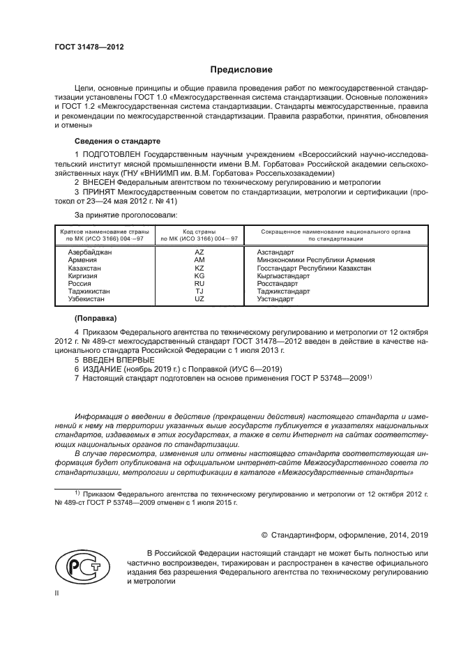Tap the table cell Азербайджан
click(x=89, y=251)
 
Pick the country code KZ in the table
click(x=199, y=268)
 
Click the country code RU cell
click(x=199, y=284)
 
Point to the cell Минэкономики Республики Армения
click(x=316, y=259)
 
